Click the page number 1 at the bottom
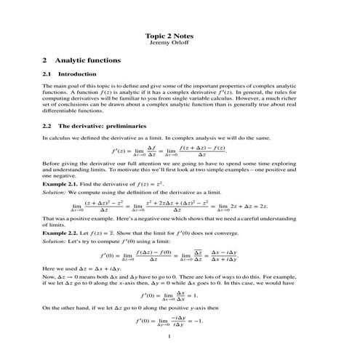point(168,336)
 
